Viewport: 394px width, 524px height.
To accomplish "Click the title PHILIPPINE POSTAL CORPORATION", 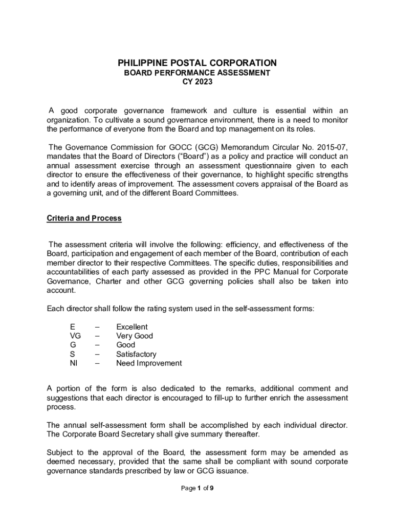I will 197,63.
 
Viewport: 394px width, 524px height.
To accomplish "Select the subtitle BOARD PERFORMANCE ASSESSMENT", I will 197,73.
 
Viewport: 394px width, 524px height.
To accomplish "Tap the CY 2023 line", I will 197,82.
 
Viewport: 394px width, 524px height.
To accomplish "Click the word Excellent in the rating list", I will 132,327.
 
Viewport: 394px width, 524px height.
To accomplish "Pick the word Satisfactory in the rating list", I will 136,354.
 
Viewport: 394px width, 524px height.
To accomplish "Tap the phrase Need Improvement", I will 149,363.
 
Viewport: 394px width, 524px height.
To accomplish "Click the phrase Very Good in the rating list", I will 134,336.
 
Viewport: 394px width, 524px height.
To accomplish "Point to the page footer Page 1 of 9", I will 197,488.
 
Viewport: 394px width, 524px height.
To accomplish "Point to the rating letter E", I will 72,327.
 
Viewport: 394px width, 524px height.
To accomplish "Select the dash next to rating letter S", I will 97,354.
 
